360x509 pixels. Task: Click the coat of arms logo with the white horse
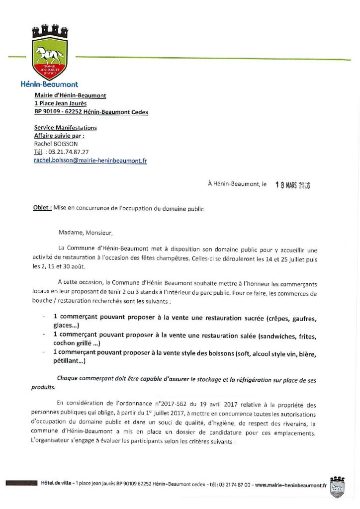[49, 53]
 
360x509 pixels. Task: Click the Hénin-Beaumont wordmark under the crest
[49, 85]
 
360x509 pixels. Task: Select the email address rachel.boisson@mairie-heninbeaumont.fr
[90, 161]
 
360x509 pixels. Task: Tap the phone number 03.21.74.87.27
[68, 152]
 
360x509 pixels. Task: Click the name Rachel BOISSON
[53, 144]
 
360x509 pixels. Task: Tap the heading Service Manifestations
[65, 128]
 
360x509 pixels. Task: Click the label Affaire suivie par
[59, 136]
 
